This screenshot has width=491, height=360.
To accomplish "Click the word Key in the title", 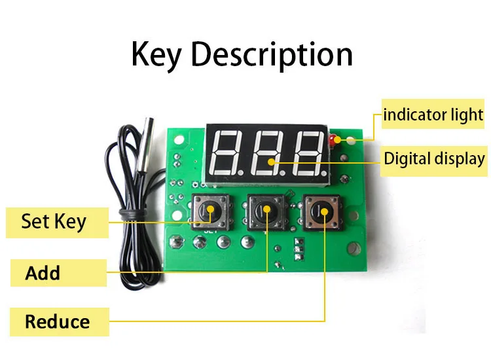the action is tap(156, 55).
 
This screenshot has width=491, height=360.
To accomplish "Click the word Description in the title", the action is tap(272, 55).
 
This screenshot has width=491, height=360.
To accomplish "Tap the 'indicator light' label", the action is tap(433, 115).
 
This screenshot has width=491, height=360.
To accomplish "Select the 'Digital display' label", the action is tap(434, 158).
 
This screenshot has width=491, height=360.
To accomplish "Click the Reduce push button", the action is tap(322, 213).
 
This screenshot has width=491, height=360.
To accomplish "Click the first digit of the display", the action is tap(227, 153).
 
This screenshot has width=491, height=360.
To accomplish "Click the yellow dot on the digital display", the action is tap(271, 162).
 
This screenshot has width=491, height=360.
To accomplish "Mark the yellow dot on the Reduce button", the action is tap(325, 212).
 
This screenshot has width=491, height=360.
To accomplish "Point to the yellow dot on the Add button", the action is tap(267, 209).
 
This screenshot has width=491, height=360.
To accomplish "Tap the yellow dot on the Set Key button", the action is tap(210, 209).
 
